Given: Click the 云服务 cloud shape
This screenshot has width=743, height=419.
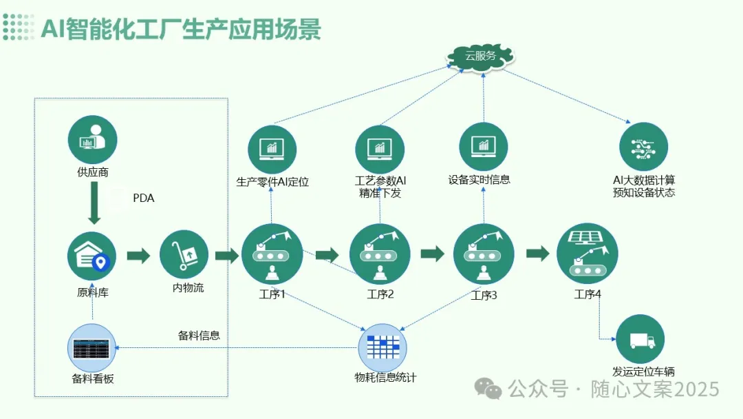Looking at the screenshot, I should click(480, 56).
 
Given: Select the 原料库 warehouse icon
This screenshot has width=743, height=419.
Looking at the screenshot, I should click(91, 256).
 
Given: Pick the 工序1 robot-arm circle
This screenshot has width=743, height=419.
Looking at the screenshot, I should click(272, 254).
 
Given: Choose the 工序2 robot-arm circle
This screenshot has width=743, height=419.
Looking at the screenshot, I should click(380, 254).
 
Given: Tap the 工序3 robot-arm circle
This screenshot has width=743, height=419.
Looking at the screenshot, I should click(484, 254).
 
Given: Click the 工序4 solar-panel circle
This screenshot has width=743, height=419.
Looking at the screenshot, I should click(587, 253).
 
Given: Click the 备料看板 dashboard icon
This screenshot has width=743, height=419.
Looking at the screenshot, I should click(92, 348).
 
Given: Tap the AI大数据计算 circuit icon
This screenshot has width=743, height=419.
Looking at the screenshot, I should click(643, 146).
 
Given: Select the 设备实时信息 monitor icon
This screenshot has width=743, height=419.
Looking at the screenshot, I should click(483, 146).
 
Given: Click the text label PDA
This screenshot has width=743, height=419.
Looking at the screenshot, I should click(143, 198).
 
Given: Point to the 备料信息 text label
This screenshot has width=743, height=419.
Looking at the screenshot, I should click(199, 336).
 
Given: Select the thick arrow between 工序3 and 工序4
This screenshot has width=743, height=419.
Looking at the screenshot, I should click(537, 253).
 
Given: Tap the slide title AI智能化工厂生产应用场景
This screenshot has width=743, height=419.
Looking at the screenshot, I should click(180, 30).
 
